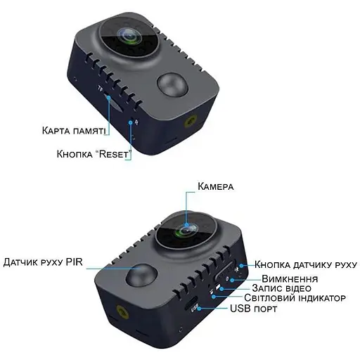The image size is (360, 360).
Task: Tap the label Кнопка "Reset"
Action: coord(94,154)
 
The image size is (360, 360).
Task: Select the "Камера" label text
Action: coord(216,186)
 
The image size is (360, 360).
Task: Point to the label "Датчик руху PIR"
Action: coord(43,262)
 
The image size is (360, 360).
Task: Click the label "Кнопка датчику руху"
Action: coord(306,264)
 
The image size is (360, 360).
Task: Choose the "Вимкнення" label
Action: coord(290,279)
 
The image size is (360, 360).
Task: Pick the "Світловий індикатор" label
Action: coord(295,298)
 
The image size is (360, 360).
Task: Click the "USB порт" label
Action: coord(253,309)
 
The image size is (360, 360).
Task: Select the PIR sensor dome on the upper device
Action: coord(173,86)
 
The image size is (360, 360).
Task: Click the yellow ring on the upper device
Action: coord(192,122)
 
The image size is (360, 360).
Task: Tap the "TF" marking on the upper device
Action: coord(100,89)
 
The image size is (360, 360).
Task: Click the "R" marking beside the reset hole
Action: coord(136,122)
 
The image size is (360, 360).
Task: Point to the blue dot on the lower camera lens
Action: coord(186,224)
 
